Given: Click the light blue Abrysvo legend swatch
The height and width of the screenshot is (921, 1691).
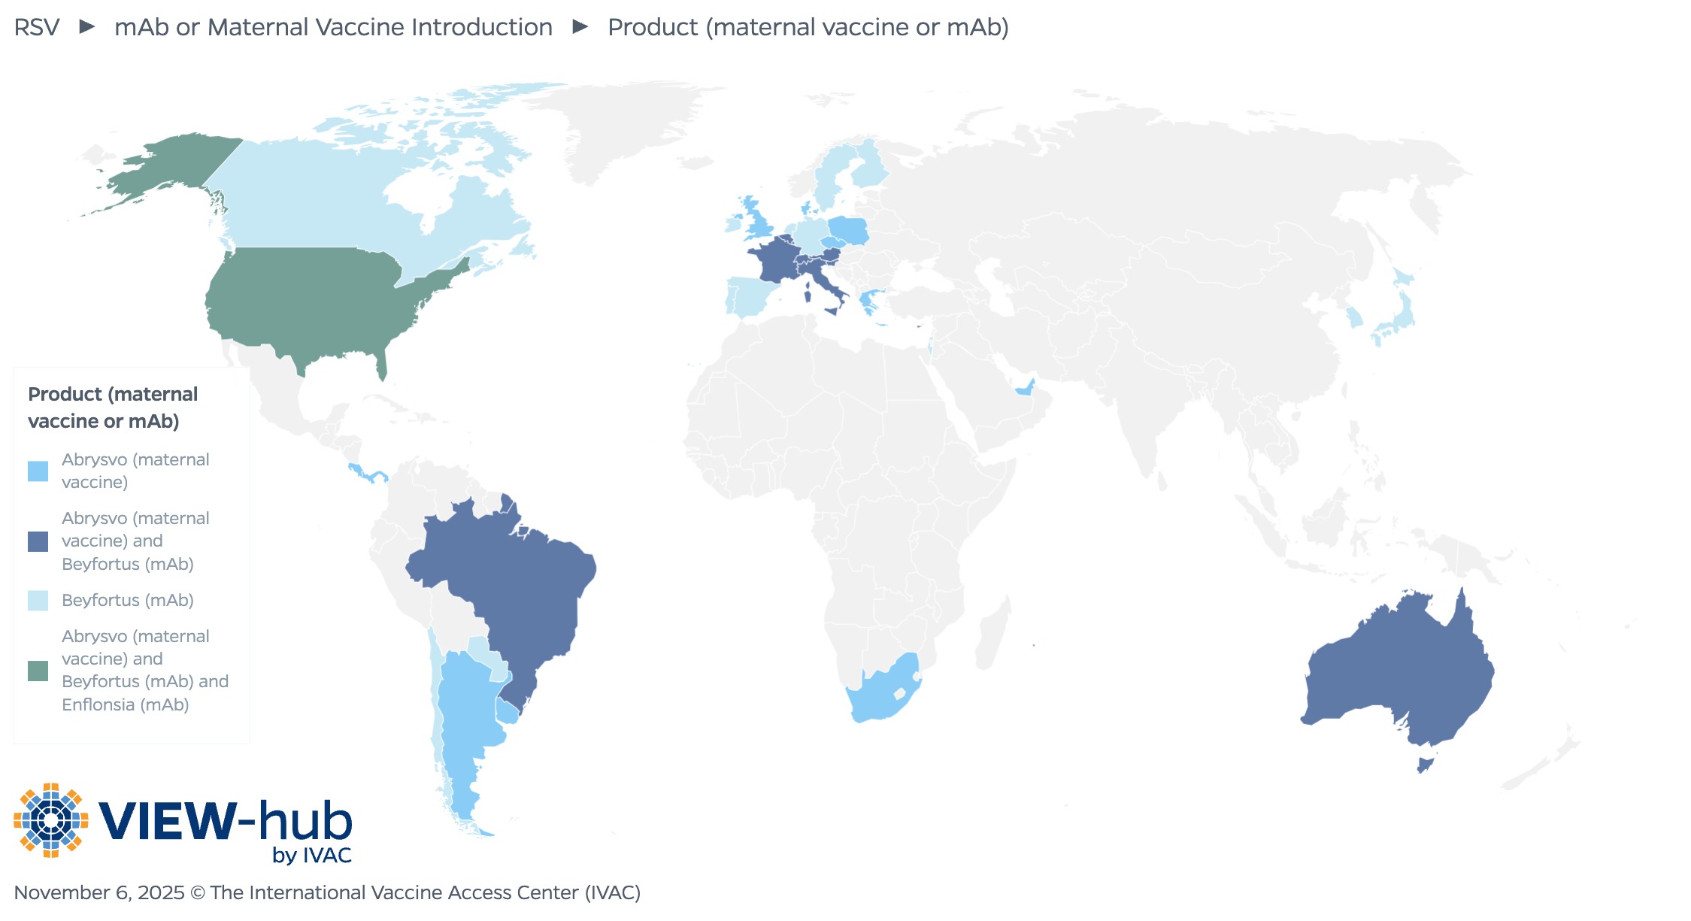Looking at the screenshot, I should click(x=38, y=471).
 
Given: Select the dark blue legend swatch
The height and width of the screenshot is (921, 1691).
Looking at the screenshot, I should click(x=38, y=541).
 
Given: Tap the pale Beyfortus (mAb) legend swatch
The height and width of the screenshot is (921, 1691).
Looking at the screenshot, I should click(x=38, y=601).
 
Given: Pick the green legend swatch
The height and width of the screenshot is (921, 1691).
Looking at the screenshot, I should click(x=38, y=671).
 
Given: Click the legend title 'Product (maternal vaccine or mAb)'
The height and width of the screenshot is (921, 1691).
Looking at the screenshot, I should click(x=113, y=407).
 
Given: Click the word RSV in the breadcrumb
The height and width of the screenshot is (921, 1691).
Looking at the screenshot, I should click(x=36, y=27).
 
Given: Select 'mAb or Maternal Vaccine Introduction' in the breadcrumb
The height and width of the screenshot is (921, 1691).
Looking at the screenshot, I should click(x=333, y=27).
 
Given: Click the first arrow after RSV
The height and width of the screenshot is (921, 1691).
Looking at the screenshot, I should click(x=87, y=27).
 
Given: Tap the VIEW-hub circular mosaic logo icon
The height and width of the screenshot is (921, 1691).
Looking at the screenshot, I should click(x=50, y=820).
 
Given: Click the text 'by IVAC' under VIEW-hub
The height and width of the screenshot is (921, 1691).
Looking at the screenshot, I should click(x=311, y=856).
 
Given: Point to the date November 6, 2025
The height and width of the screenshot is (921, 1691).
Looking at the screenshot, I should click(x=98, y=892).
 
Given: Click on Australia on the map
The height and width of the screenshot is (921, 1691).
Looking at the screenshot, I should click(x=1399, y=669).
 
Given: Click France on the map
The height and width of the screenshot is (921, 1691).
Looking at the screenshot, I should click(x=774, y=259).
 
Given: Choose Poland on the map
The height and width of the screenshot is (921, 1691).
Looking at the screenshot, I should click(x=848, y=229).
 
